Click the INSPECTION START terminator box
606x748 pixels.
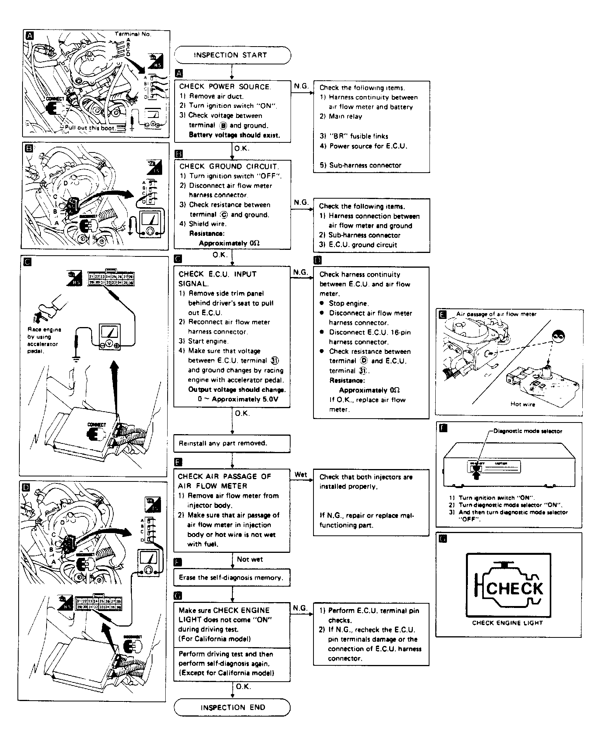[232, 55]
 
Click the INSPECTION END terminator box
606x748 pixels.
[232, 707]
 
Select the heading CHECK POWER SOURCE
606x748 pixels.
[225, 87]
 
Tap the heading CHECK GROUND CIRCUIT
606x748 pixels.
[229, 166]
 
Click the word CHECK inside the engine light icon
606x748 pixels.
[514, 589]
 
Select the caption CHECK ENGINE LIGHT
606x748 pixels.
[507, 623]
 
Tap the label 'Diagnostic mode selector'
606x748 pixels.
[528, 431]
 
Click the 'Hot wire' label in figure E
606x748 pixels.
[523, 404]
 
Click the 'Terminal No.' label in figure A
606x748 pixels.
[133, 34]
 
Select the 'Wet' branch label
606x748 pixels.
[301, 474]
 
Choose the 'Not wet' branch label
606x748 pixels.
[250, 559]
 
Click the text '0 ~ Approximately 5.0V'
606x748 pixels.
[238, 399]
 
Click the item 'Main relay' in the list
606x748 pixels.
[345, 116]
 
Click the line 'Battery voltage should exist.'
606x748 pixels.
[234, 135]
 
